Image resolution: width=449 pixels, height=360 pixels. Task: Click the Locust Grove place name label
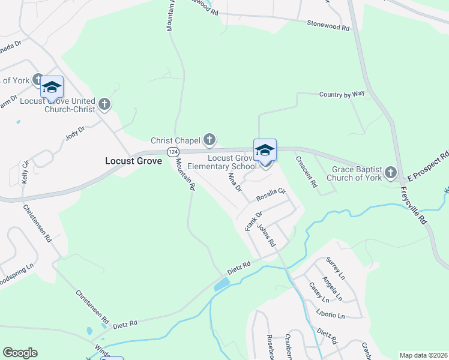133,161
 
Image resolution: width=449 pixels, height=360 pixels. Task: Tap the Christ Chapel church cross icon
209,140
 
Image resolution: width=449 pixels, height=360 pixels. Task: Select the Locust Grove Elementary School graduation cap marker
265,151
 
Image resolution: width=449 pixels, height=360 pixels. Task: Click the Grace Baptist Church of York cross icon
391,173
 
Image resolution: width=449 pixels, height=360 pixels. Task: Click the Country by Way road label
342,94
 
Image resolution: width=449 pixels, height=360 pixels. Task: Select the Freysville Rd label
414,205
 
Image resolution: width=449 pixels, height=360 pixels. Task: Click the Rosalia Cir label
270,196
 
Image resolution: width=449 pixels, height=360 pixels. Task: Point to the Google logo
20,352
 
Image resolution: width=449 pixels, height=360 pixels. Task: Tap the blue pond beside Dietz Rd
221,283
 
